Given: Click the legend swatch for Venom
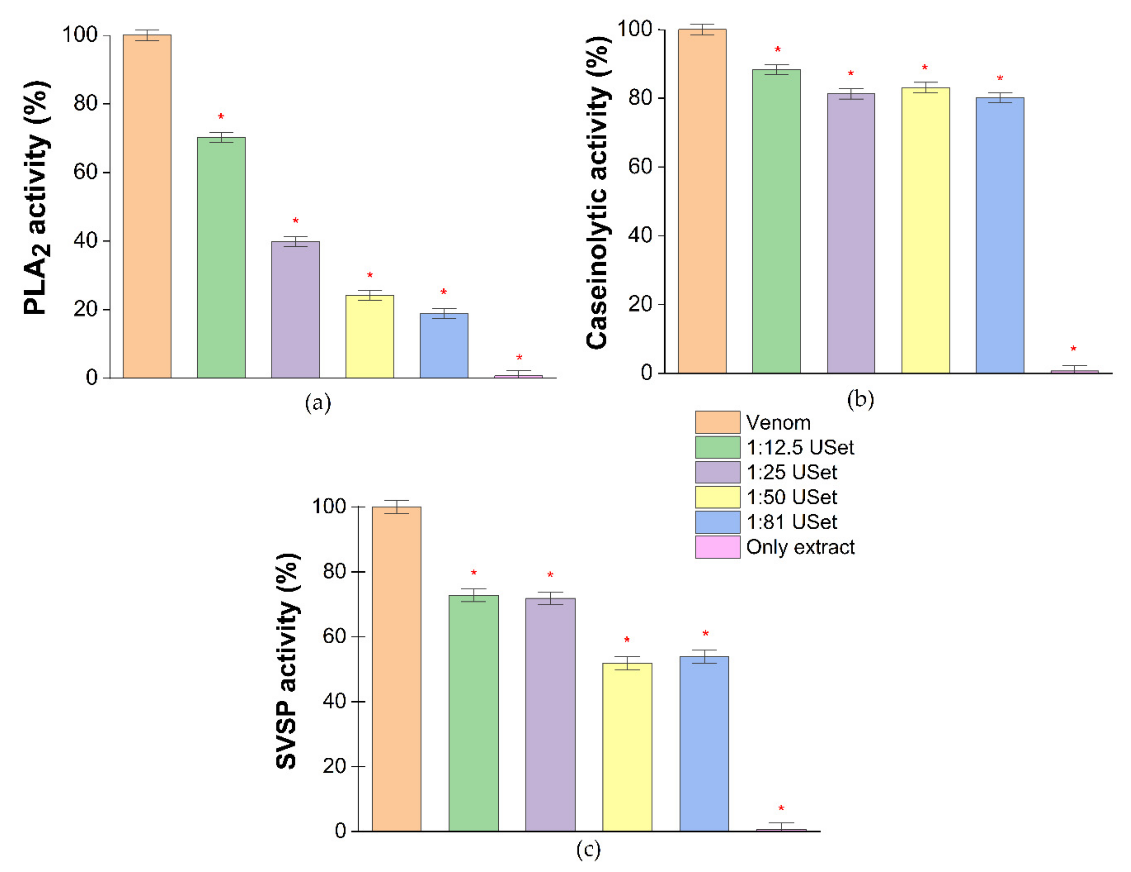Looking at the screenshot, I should tap(717, 422).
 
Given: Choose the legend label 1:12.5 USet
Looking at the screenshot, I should tap(800, 447).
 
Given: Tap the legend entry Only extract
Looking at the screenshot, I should tap(800, 547).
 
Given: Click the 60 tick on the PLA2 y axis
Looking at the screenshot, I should tap(85, 172).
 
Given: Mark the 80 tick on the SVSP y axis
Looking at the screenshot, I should tap(334, 571).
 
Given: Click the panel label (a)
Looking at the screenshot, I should tap(318, 403).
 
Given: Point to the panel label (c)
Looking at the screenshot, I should tap(588, 850).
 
